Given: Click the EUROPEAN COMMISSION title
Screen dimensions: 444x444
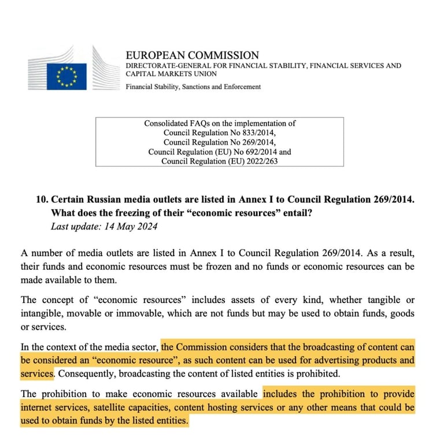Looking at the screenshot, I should click(x=193, y=55).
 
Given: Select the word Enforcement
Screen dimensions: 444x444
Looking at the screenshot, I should click(x=240, y=87).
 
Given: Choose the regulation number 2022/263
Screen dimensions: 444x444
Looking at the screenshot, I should click(x=258, y=161).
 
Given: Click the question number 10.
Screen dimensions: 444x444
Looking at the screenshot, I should click(x=42, y=199).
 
